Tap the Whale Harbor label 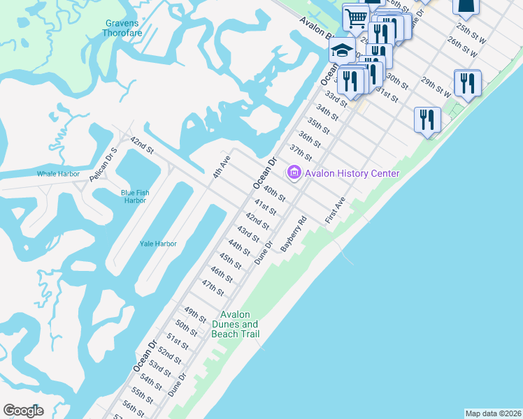(59, 174)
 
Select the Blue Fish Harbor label (134, 196)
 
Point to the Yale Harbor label (158, 244)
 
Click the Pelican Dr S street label (103, 166)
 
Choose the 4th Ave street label (222, 168)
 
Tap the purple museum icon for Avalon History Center (294, 172)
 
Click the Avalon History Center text (352, 173)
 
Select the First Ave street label (336, 210)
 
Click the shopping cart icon (357, 17)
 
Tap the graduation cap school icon (343, 50)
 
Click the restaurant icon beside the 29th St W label (466, 82)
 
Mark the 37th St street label (301, 152)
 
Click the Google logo (23, 411)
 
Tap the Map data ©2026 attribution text (493, 413)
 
